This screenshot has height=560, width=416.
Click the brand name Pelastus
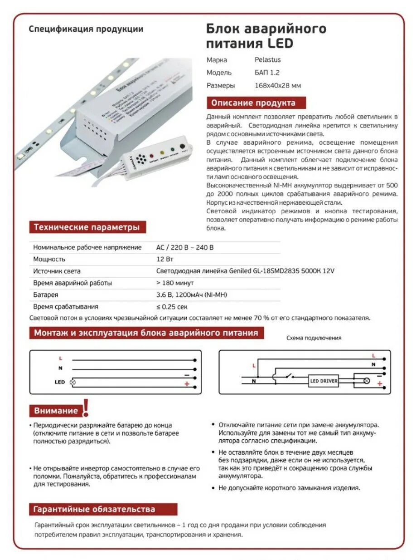(267, 59)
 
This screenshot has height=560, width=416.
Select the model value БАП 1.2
(267, 73)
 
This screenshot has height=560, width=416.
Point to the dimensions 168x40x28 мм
(277, 85)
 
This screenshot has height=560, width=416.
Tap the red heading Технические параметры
(87, 227)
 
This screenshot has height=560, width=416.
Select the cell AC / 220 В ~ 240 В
(184, 247)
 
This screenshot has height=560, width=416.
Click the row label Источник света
(57, 271)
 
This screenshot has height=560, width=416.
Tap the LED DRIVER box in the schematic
(324, 381)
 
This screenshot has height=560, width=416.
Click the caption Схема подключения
(314, 338)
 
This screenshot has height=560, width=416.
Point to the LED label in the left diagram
(60, 382)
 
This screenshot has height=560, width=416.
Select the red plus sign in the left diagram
(187, 384)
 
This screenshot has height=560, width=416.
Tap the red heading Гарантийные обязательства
(94, 509)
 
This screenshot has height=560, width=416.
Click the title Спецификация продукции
(86, 29)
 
